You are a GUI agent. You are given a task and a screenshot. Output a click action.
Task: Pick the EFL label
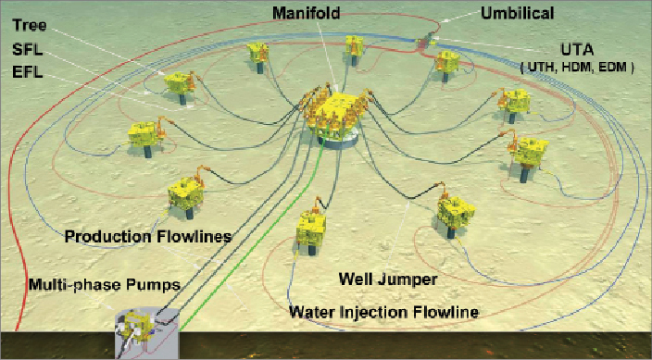coord(29,71)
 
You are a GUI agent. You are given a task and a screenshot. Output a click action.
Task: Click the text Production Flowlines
coord(147,237)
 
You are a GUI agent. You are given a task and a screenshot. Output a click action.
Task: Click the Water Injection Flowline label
coord(383,312)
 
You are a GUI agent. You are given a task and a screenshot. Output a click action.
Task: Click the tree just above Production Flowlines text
coord(184,198)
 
